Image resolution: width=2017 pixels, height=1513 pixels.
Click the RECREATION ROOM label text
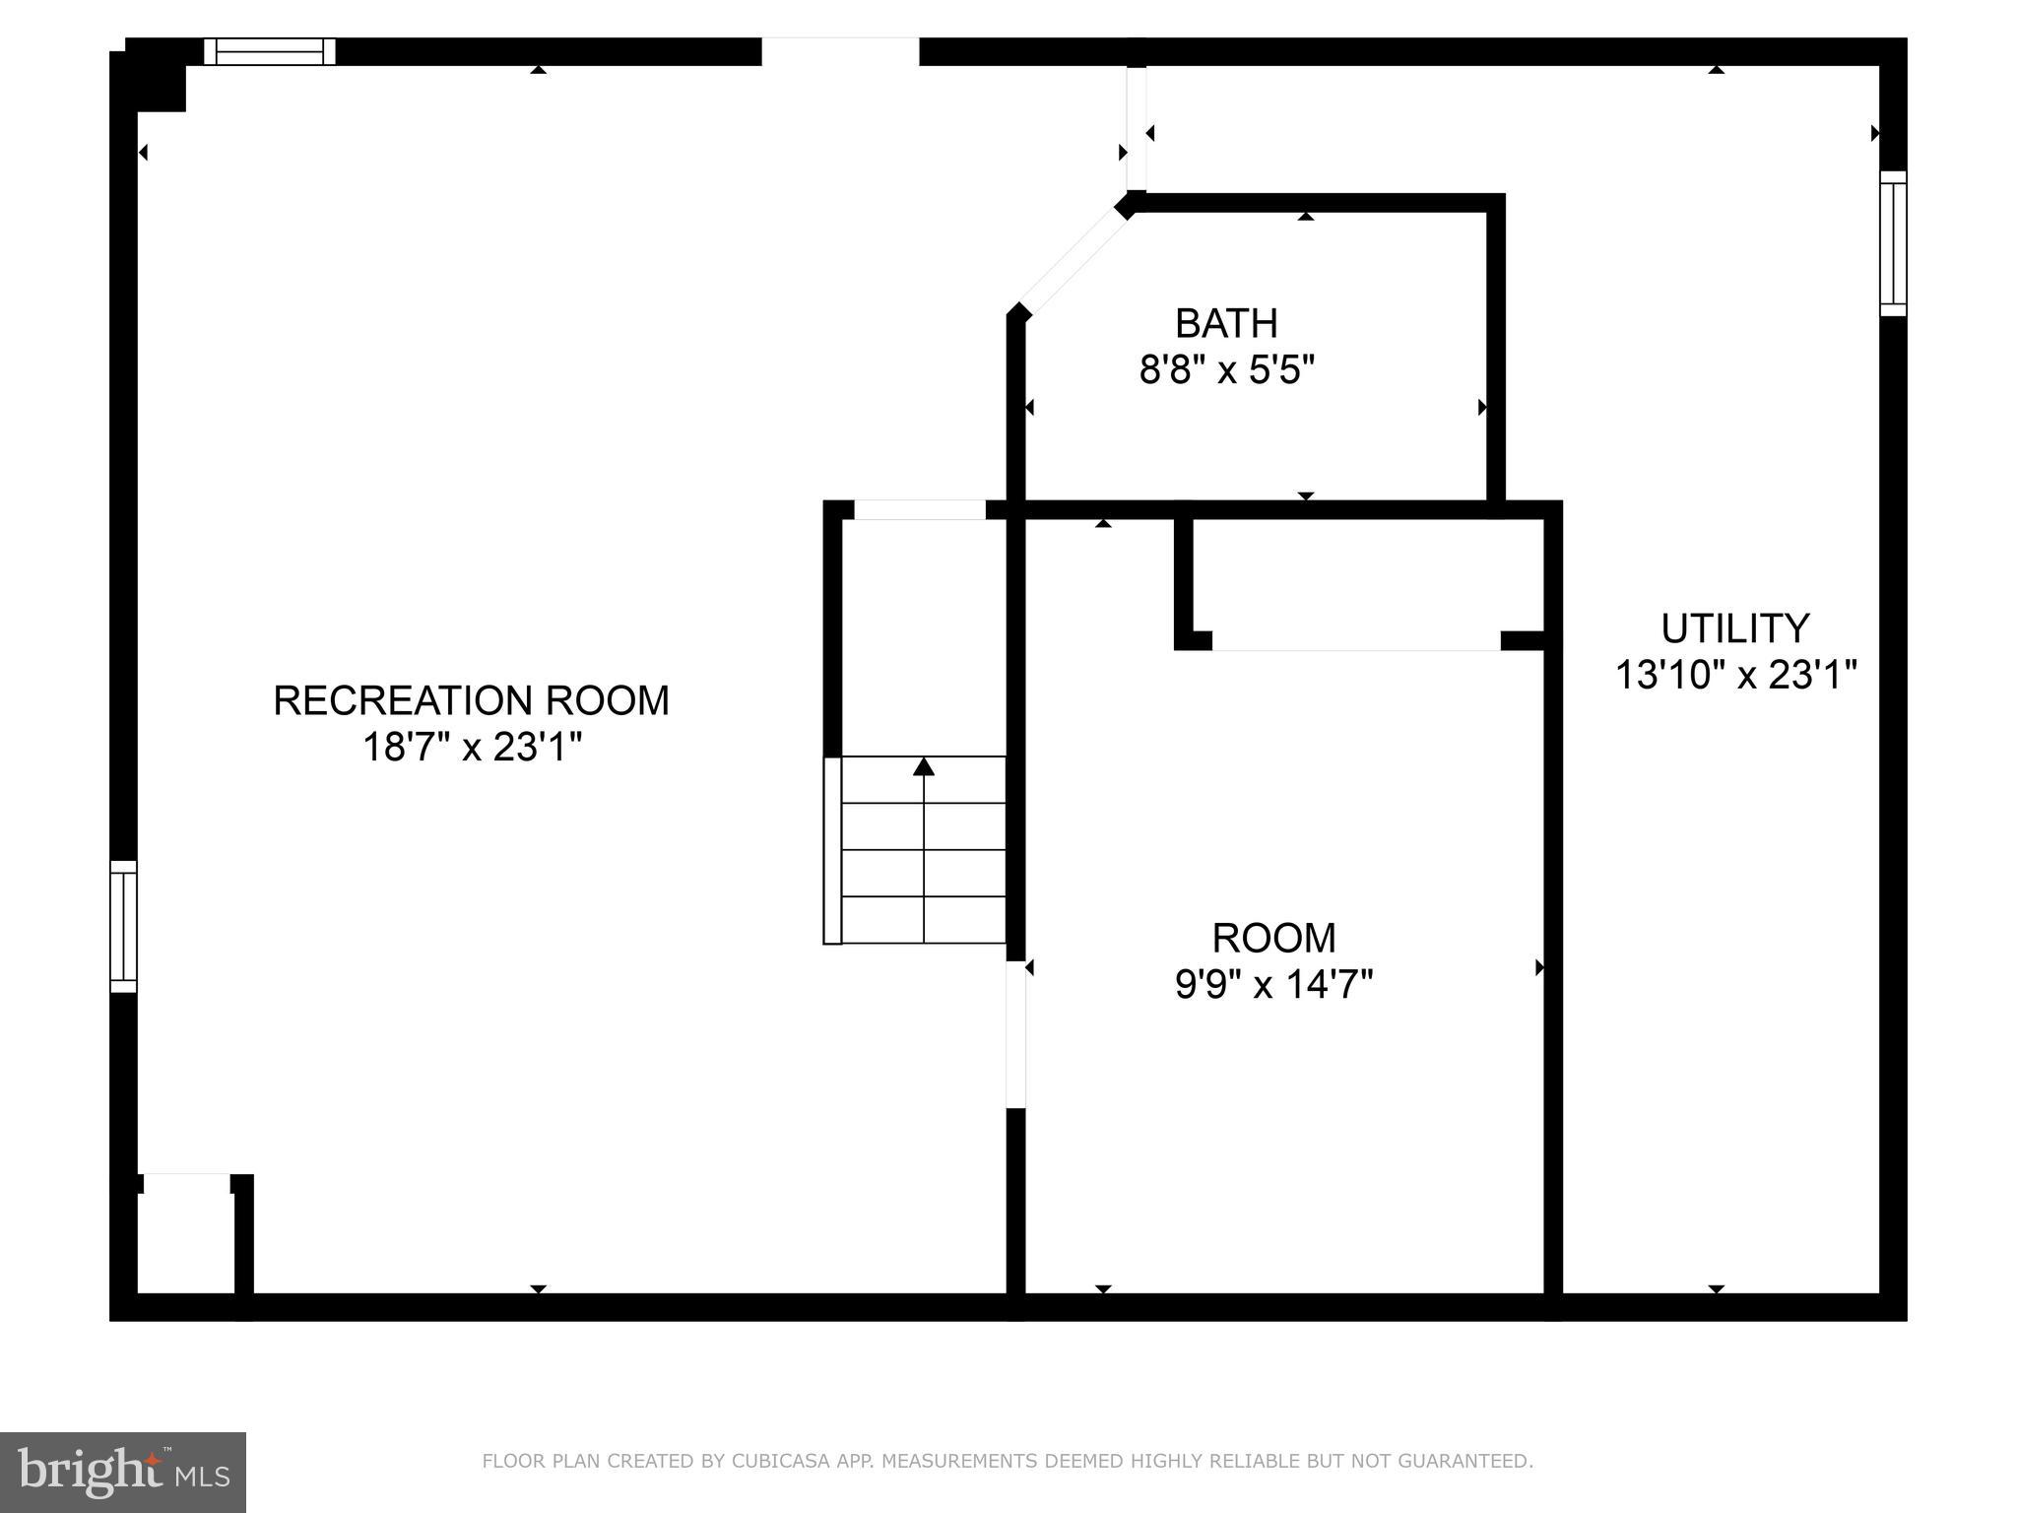(x=471, y=700)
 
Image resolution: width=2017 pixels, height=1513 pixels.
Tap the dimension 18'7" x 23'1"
(x=473, y=748)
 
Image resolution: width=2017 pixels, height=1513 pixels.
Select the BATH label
(x=1226, y=323)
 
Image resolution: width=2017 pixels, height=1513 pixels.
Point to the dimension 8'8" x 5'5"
(x=1227, y=370)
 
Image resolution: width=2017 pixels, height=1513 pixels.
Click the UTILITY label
(x=1734, y=628)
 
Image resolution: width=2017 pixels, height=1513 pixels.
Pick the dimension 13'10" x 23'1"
(x=1735, y=676)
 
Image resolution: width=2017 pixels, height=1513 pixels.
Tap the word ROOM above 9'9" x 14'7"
(x=1273, y=938)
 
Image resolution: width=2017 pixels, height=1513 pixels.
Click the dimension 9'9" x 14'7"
(x=1273, y=984)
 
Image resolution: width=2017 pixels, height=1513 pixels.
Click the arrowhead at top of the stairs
(x=923, y=766)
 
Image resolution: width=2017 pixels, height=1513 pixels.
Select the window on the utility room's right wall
(x=1893, y=243)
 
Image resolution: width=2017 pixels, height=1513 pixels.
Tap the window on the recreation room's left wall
(x=123, y=926)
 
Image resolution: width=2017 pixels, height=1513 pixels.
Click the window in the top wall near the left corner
(x=270, y=51)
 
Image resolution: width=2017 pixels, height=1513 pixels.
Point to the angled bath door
(x=1074, y=260)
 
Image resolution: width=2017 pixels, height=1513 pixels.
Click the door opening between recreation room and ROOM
(x=1015, y=1034)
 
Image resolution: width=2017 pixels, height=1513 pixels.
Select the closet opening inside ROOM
(x=1355, y=641)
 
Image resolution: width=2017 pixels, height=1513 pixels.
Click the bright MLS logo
(x=123, y=1472)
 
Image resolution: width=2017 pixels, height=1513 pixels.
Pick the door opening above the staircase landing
(x=919, y=510)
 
